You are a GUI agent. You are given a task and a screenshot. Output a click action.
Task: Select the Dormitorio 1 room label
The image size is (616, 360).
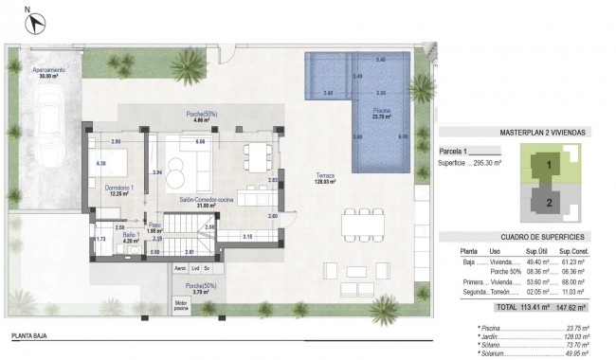[118, 190]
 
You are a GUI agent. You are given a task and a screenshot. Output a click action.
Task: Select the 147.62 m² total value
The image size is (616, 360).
[573, 308]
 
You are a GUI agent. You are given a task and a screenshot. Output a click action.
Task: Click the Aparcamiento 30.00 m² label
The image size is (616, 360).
[48, 74]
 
